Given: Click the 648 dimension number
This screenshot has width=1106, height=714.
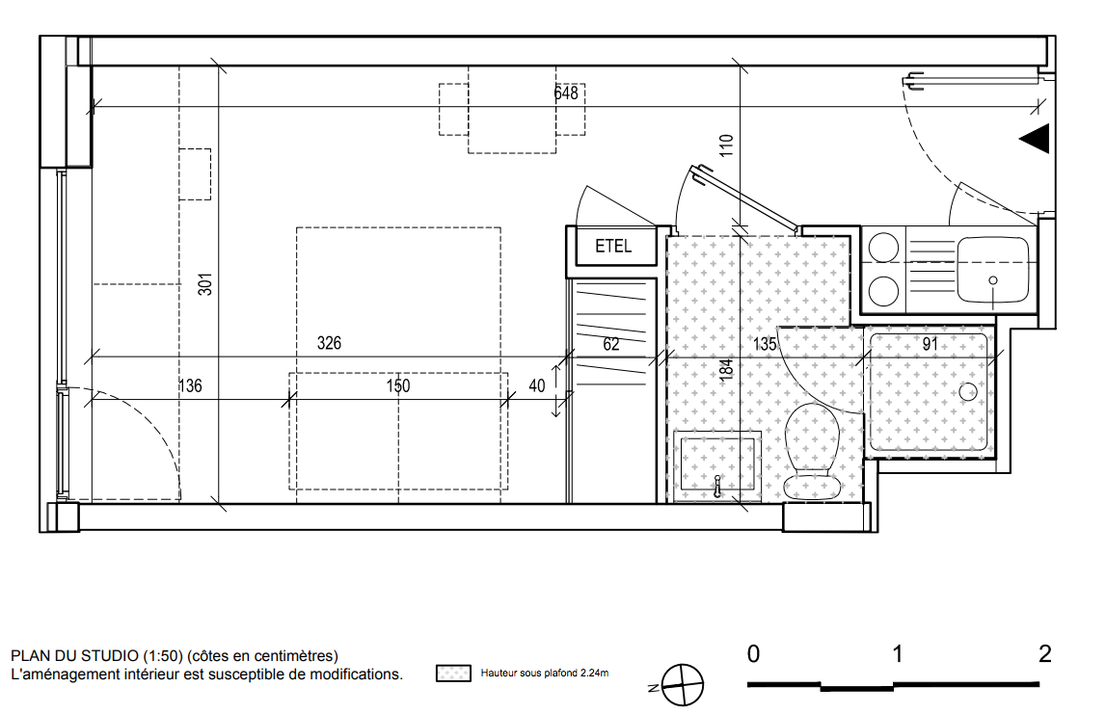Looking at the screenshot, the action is pyautogui.click(x=566, y=93).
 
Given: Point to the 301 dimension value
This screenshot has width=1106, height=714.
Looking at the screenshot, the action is pyautogui.click(x=205, y=284).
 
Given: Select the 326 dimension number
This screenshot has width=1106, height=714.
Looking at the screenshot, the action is pyautogui.click(x=330, y=343).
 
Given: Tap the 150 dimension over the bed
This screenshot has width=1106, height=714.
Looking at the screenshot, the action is pyautogui.click(x=398, y=385).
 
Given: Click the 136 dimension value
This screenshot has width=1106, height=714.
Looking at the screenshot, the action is pyautogui.click(x=191, y=385).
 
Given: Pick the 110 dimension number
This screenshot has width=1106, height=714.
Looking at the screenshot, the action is pyautogui.click(x=726, y=145).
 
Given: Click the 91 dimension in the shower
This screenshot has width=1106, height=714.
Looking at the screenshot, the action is pyautogui.click(x=931, y=344).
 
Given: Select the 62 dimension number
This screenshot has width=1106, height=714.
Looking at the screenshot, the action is pyautogui.click(x=610, y=344).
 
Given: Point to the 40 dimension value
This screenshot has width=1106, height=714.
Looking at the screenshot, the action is pyautogui.click(x=537, y=385).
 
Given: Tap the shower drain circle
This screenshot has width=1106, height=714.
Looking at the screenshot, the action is pyautogui.click(x=968, y=392).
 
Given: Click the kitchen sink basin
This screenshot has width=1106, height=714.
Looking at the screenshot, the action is pyautogui.click(x=993, y=269).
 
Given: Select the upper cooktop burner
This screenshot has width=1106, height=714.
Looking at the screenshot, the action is pyautogui.click(x=883, y=248).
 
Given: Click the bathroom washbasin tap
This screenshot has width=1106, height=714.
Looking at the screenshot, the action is pyautogui.click(x=717, y=487).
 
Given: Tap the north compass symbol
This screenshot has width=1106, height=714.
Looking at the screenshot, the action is pyautogui.click(x=683, y=685).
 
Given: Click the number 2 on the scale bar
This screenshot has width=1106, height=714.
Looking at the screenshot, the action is pyautogui.click(x=1044, y=654).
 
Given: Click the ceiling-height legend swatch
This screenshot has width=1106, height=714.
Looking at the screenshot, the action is pyautogui.click(x=453, y=674).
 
